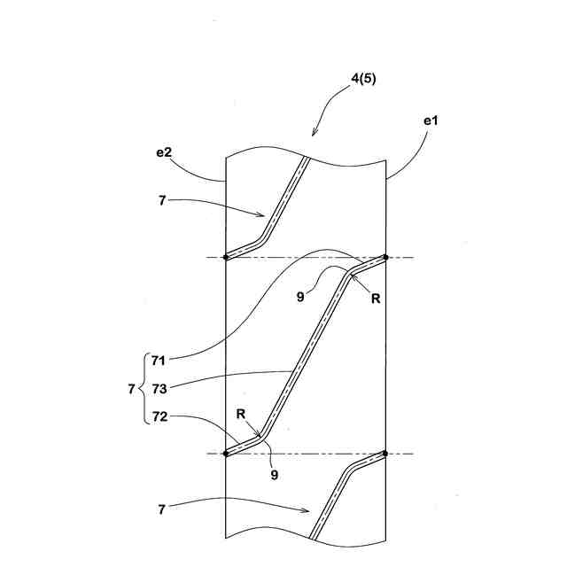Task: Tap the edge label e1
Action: pyautogui.click(x=431, y=120)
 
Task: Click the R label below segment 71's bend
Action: pyautogui.click(x=376, y=299)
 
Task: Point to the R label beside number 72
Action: pyautogui.click(x=240, y=414)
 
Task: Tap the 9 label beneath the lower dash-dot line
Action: pyautogui.click(x=276, y=475)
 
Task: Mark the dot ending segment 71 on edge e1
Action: pyautogui.click(x=385, y=257)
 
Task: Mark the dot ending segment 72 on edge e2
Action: pyautogui.click(x=226, y=454)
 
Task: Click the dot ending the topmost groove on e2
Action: pyautogui.click(x=226, y=257)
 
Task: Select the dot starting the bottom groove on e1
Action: pyautogui.click(x=385, y=454)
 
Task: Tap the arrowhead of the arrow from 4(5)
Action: pyautogui.click(x=313, y=135)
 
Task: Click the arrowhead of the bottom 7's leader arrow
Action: pyautogui.click(x=307, y=511)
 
